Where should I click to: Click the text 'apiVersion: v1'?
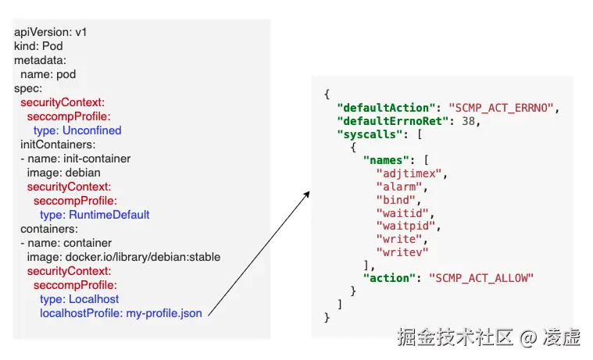tap(51, 32)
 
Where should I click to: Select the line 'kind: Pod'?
tap(38, 46)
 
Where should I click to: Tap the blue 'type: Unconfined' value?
tap(77, 130)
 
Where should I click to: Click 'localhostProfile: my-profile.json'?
tap(121, 313)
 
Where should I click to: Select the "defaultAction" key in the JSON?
tap(384, 107)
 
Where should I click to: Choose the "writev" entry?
tap(402, 252)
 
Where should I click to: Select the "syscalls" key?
tap(367, 134)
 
